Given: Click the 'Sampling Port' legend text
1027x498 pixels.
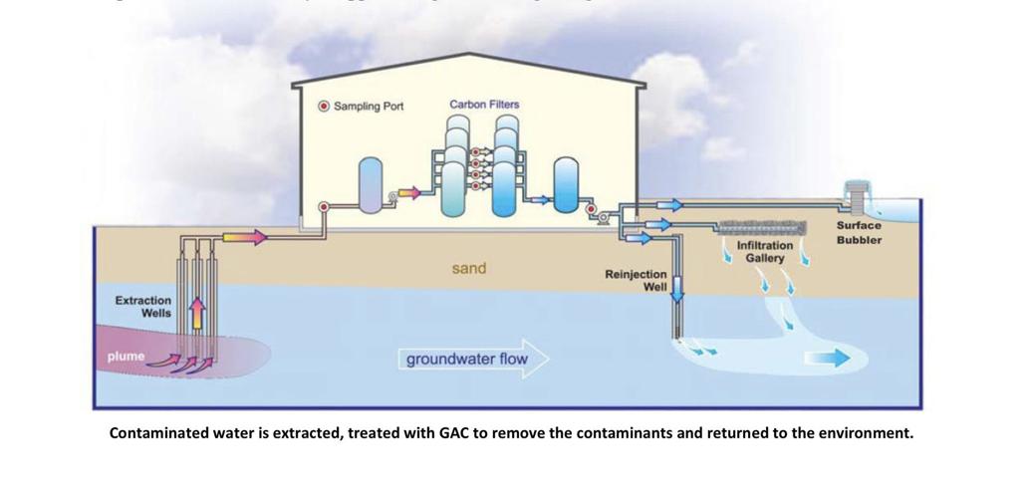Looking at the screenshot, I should click(x=368, y=107).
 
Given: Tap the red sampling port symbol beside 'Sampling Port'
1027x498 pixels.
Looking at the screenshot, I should click(x=323, y=107).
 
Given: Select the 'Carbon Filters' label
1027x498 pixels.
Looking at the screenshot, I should click(x=484, y=104).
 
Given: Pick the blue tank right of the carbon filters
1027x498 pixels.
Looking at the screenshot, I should click(x=566, y=186).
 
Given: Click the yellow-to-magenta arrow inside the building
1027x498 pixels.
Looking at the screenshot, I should click(x=409, y=191).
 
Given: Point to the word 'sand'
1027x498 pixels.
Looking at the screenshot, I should click(x=469, y=268).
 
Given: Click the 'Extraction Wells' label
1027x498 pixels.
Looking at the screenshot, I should click(x=143, y=306).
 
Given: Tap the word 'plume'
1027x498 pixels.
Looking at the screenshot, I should click(x=127, y=356).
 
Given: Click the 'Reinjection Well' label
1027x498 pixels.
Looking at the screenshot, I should click(x=637, y=280).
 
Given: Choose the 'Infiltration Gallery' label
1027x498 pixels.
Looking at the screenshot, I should click(x=765, y=251).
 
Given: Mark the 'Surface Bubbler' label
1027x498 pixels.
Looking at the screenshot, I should click(x=859, y=232).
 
